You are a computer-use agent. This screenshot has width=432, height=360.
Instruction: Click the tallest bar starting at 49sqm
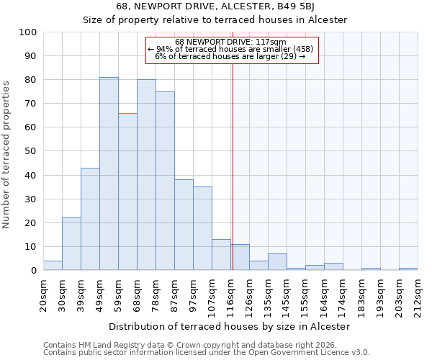(109, 174)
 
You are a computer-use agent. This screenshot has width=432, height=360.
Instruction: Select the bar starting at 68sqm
(146, 175)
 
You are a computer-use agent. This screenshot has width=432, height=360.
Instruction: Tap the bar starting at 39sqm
(90, 219)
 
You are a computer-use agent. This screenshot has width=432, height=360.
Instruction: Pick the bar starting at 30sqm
(71, 244)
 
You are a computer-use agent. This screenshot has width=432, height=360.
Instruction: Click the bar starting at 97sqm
(202, 228)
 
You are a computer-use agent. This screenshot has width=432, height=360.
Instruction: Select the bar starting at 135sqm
(277, 262)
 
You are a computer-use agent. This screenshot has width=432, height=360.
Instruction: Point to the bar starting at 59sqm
(127, 192)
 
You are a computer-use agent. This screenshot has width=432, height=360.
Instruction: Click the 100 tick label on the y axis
(28, 32)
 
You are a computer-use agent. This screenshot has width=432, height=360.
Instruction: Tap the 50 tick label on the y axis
(31, 151)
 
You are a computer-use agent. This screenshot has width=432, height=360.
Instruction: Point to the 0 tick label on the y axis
(34, 271)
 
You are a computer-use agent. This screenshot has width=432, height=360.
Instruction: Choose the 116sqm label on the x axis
(230, 294)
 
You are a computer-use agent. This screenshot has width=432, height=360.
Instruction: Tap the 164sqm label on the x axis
(324, 294)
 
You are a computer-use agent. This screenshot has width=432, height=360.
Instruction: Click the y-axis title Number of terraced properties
(6, 155)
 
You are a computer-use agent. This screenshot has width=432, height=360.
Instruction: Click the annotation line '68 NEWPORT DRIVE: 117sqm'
(230, 42)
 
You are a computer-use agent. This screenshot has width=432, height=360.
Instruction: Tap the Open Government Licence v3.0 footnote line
(207, 353)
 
